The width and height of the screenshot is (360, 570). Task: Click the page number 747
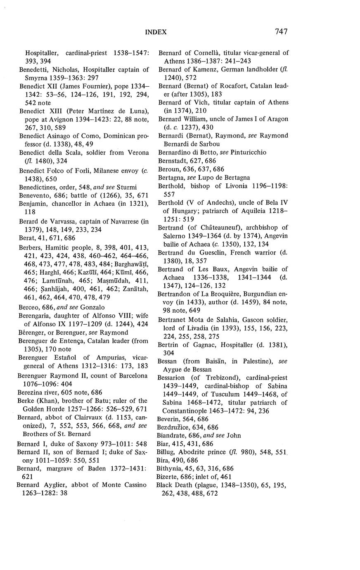coord(280,31)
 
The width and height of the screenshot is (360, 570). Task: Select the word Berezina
coord(33,392)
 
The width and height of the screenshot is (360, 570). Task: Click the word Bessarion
coord(174,378)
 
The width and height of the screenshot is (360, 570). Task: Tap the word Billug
coord(166,452)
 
